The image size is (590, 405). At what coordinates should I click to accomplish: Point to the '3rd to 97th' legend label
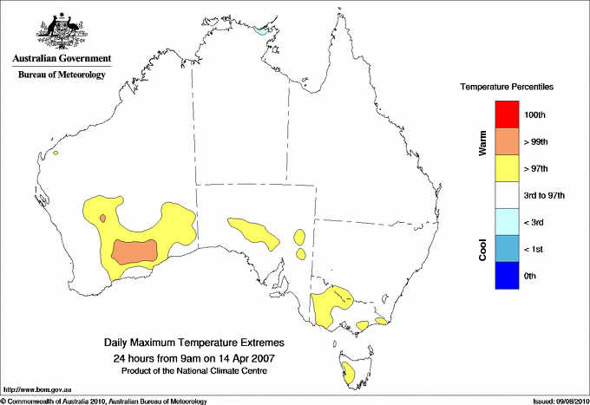tap(545, 196)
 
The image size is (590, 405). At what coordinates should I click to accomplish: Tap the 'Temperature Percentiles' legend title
tap(507, 88)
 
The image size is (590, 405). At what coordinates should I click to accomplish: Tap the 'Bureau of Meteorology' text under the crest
tap(62, 75)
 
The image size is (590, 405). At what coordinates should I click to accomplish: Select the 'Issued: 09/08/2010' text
tap(559, 401)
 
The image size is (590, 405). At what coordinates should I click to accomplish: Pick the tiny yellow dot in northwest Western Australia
tap(55, 154)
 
